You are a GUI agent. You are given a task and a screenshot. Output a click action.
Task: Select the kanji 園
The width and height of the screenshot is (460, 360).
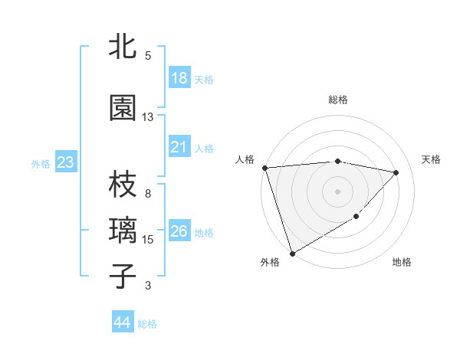(x=123, y=108)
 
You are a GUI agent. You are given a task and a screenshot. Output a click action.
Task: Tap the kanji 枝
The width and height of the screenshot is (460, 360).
(x=123, y=185)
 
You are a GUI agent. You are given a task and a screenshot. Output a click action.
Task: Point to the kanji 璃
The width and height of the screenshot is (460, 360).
(x=123, y=230)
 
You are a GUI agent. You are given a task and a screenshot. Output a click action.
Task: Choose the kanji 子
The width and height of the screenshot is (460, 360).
(x=123, y=275)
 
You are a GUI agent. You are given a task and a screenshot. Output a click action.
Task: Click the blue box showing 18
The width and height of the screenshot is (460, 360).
(x=179, y=78)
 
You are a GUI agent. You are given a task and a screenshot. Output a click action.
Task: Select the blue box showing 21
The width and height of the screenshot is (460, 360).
(x=179, y=147)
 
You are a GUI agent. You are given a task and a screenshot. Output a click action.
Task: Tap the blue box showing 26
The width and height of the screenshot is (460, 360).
(x=179, y=231)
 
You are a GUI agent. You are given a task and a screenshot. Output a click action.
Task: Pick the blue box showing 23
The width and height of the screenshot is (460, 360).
(x=65, y=162)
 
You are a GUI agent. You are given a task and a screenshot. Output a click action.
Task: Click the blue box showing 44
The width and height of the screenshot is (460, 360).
(x=122, y=322)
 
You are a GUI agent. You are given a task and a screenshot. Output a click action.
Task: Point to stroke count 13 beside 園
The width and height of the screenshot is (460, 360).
(x=148, y=117)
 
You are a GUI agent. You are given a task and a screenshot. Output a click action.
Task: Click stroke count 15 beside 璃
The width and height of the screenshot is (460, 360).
(x=148, y=240)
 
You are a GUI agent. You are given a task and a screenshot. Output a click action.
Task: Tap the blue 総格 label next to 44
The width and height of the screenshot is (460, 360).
(x=147, y=323)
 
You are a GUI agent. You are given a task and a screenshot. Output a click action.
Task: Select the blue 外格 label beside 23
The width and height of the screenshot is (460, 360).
(x=41, y=163)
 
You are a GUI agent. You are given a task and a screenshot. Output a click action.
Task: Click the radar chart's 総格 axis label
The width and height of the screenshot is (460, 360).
(x=337, y=100)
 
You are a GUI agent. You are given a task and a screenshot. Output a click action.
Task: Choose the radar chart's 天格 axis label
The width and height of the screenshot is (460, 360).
(x=431, y=159)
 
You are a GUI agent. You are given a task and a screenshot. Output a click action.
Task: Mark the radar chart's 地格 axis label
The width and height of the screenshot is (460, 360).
(x=402, y=262)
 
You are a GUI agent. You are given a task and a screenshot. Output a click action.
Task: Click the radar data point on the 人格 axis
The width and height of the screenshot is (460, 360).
(x=264, y=168)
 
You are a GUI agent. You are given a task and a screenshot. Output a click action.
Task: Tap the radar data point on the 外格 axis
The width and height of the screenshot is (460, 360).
(x=291, y=254)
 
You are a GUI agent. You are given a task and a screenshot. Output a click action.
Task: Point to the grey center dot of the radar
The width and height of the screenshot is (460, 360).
(x=337, y=191)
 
